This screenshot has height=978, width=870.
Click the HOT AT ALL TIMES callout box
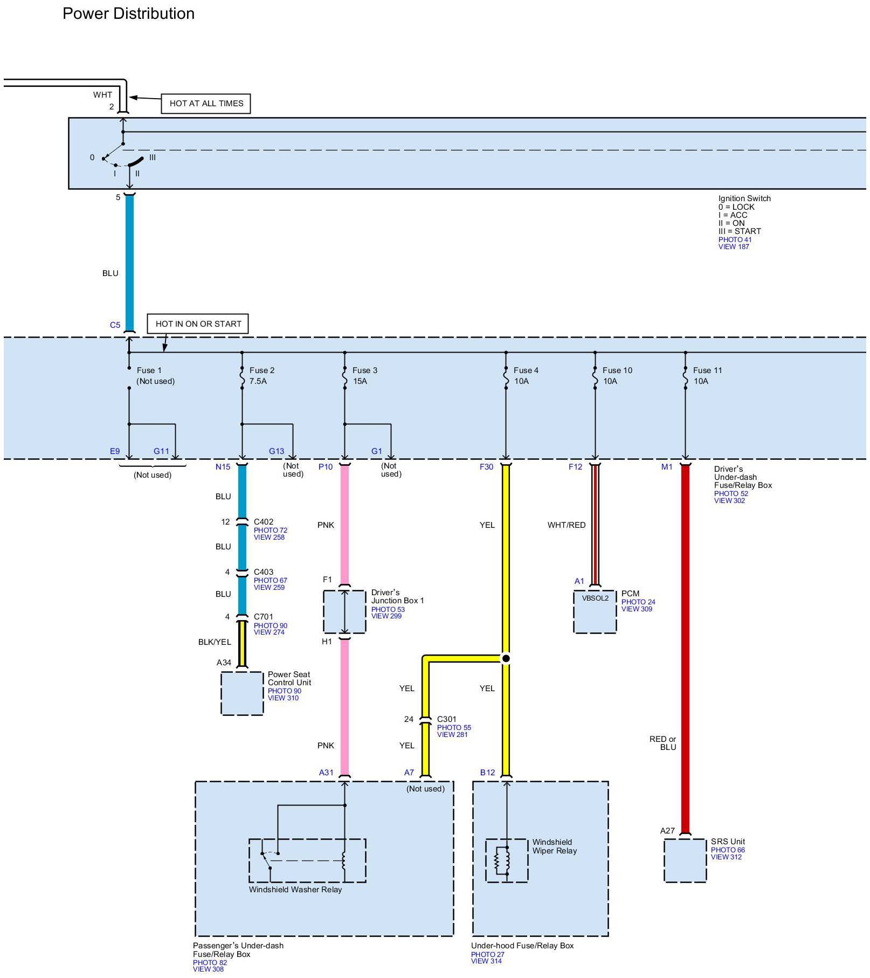pos(206,104)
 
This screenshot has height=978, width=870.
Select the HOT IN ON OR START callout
pos(198,324)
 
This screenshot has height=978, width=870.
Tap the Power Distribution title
pos(128,13)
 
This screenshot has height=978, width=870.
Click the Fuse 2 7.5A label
pos(261,376)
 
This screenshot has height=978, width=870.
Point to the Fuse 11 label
pos(707,370)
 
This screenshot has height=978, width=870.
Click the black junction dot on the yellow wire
pos(506,658)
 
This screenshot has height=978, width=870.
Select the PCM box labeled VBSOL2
pos(595,611)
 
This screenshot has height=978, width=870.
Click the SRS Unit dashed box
pos(685,860)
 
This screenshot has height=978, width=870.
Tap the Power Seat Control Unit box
pos(242,693)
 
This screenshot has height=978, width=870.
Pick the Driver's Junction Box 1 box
pos(344,611)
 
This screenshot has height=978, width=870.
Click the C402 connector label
pos(264,522)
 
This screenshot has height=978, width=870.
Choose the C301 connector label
pos(446,719)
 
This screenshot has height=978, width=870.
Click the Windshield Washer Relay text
pos(295,890)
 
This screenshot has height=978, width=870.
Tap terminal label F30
pos(486,467)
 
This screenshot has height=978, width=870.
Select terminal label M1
pos(667,467)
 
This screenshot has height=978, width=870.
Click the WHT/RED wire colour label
pos(566,525)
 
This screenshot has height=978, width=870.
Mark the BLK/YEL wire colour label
pos(215,642)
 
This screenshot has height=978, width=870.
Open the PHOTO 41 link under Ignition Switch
pos(735,240)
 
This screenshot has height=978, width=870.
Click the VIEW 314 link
pos(486,961)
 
